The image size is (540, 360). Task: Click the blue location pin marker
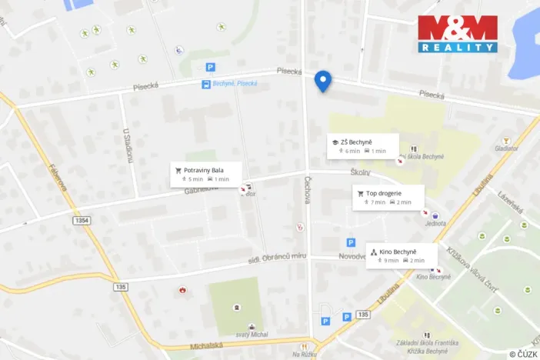323,80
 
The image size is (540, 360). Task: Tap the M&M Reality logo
458,34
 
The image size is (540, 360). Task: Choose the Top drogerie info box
388,197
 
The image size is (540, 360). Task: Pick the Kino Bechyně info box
402,255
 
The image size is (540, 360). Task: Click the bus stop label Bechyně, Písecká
235,84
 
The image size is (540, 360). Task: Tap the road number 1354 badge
83,221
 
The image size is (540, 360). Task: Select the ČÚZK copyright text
523,354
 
